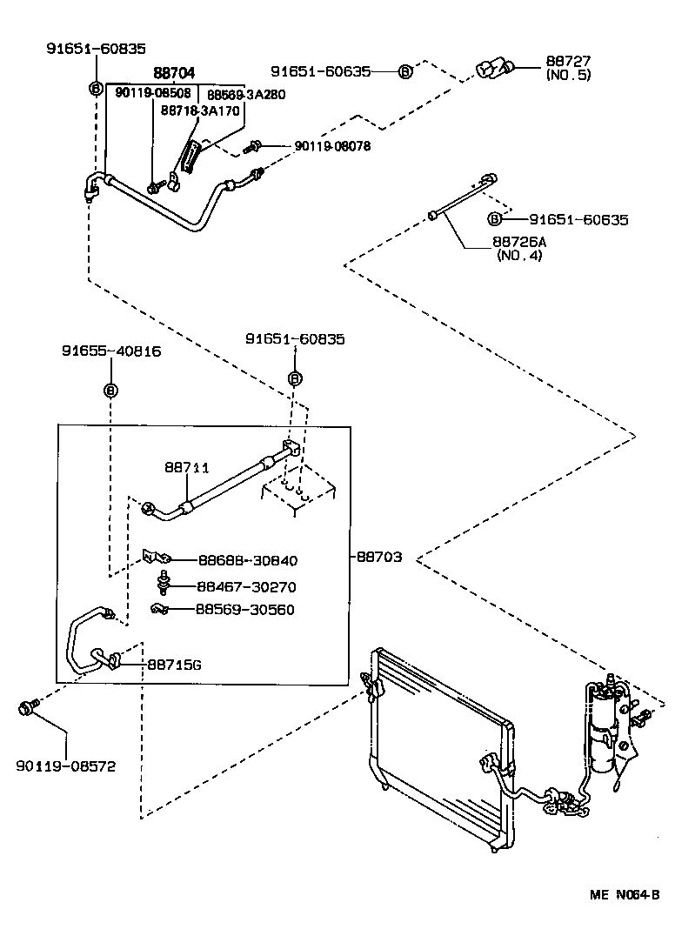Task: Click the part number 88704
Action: click(x=174, y=75)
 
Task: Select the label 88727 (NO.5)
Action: click(x=568, y=68)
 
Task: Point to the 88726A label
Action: click(x=519, y=243)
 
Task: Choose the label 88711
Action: click(x=187, y=467)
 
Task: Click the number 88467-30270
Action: click(x=246, y=587)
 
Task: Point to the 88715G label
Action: click(x=174, y=665)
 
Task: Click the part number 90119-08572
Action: click(x=65, y=766)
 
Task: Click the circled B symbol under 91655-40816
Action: click(x=110, y=391)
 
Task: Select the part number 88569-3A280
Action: click(x=245, y=94)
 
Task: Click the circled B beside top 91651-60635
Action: click(x=405, y=71)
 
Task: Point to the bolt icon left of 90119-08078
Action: click(x=256, y=146)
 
